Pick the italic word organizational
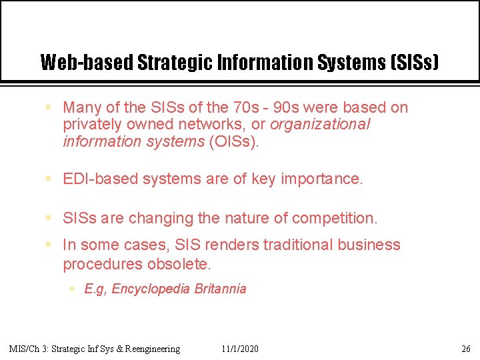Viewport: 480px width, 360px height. pyautogui.click(x=320, y=124)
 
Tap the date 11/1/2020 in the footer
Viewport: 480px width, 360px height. pyautogui.click(x=240, y=349)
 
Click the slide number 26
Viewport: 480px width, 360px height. pyautogui.click(x=466, y=349)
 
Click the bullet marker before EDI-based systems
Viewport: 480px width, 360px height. pyautogui.click(x=49, y=179)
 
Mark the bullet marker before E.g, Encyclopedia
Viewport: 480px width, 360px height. pyautogui.click(x=72, y=289)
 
